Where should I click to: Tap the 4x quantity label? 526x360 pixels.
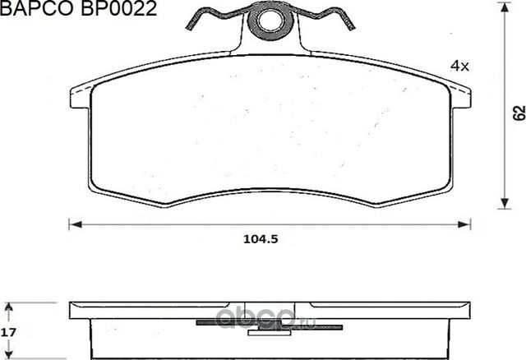(459, 65)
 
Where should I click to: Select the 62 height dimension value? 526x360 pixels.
(518, 113)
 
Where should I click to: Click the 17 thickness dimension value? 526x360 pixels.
(9, 334)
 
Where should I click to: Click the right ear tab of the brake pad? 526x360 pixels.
(461, 97)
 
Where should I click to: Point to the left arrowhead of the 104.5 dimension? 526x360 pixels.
(72, 223)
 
